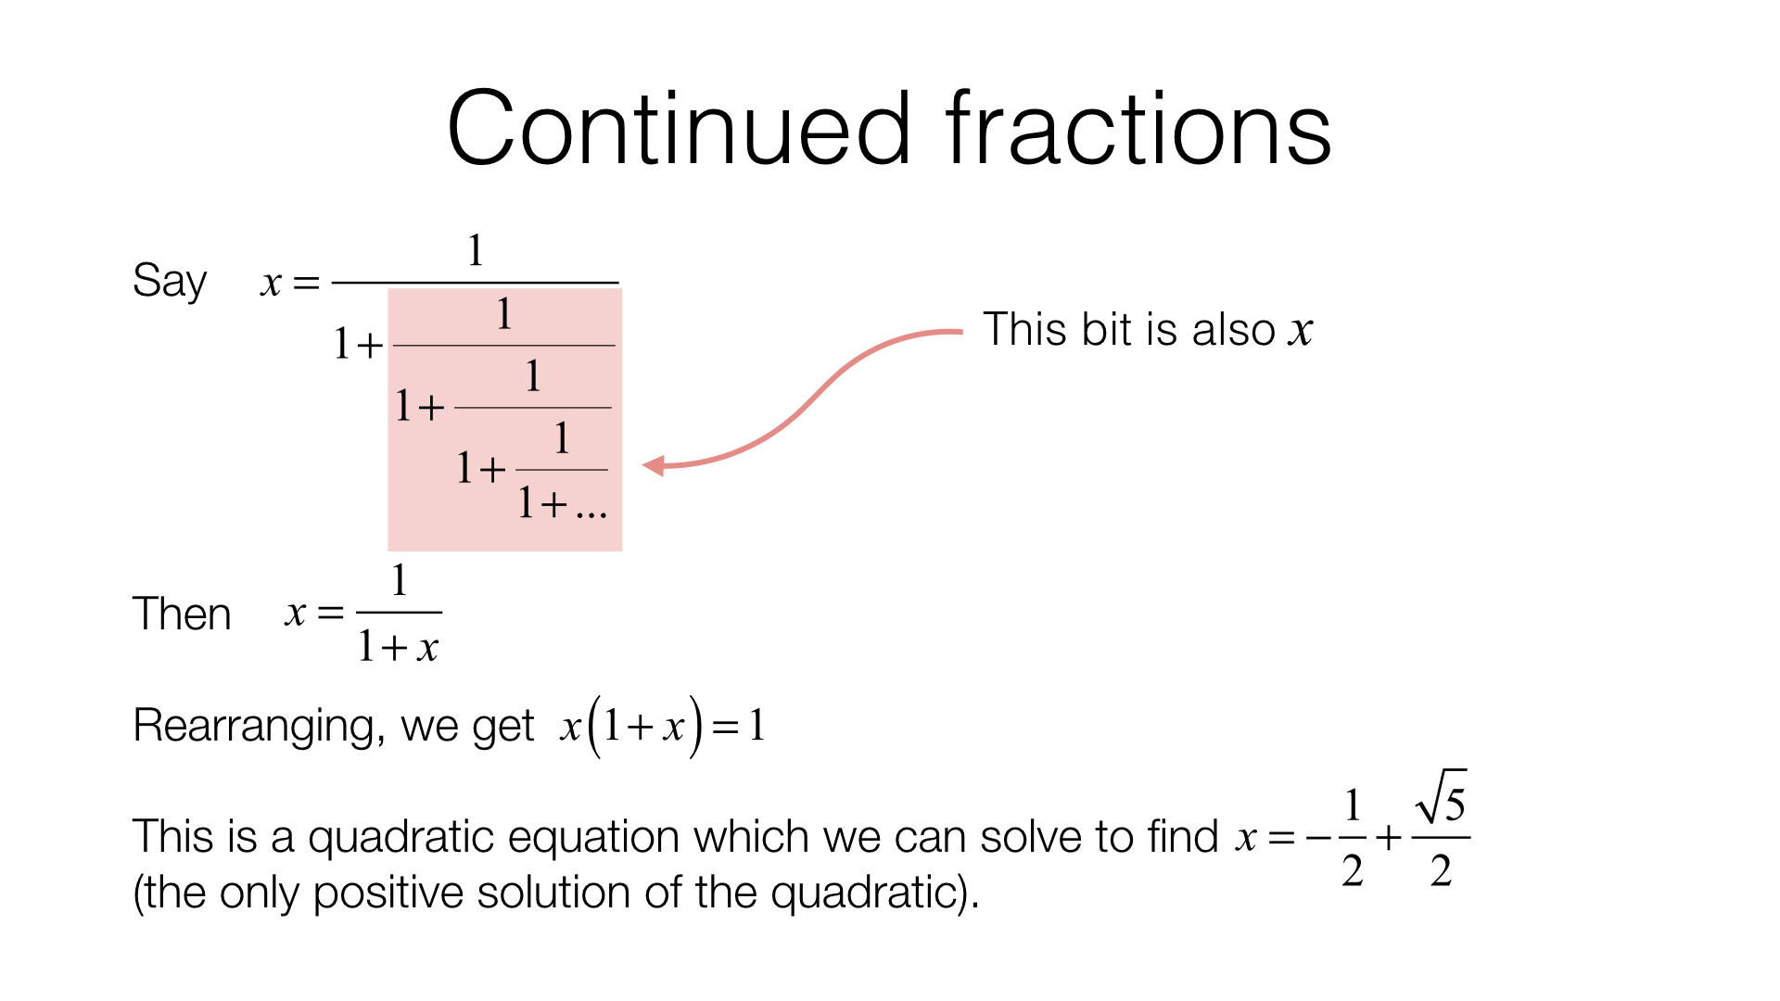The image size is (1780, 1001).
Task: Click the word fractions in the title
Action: tap(1138, 129)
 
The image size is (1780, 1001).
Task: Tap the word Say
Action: tap(169, 280)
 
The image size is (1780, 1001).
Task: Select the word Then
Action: tap(182, 614)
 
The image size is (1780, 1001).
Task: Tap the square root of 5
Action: tap(1443, 799)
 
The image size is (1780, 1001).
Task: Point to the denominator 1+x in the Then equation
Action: tap(399, 646)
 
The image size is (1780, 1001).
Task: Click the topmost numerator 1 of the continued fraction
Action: tap(475, 250)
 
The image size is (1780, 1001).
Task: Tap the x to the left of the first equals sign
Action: tap(271, 283)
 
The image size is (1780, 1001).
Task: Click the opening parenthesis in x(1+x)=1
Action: tap(594, 726)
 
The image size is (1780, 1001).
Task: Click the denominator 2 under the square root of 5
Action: tap(1441, 871)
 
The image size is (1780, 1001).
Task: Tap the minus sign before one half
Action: tap(1317, 839)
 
